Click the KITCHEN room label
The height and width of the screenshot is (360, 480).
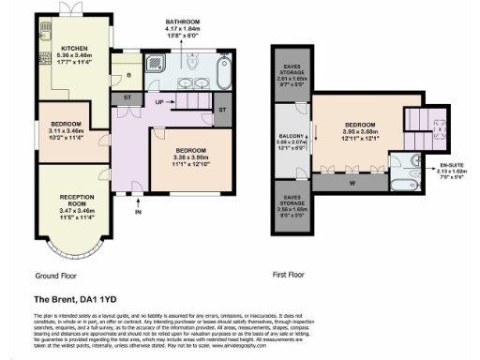(74, 48)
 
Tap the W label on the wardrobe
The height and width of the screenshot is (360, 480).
(352, 183)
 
